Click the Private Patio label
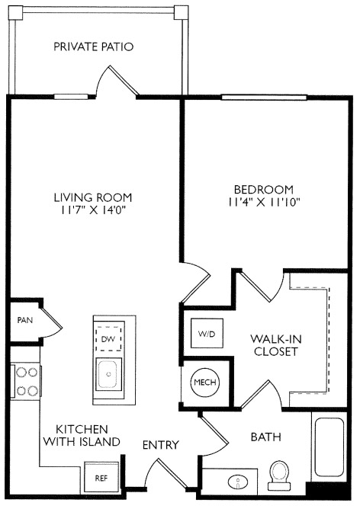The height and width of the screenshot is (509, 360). click(93, 46)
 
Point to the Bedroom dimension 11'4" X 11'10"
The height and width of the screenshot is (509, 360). click(263, 202)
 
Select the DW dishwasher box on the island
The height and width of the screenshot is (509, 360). click(108, 339)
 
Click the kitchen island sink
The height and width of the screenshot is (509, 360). click(109, 373)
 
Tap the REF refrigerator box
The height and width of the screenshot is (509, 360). click(101, 479)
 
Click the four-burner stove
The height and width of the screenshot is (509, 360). click(27, 382)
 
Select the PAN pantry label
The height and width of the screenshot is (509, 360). click(25, 320)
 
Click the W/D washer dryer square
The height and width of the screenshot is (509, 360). click(207, 334)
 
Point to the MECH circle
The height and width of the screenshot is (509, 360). click(205, 382)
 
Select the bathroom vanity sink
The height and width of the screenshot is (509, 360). click(238, 482)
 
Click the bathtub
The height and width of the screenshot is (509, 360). click(329, 447)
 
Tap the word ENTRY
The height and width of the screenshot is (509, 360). click(161, 445)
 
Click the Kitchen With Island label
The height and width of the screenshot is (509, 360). click(82, 435)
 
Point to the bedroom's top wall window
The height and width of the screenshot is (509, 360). click(264, 97)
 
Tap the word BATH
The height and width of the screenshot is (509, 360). click(265, 437)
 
